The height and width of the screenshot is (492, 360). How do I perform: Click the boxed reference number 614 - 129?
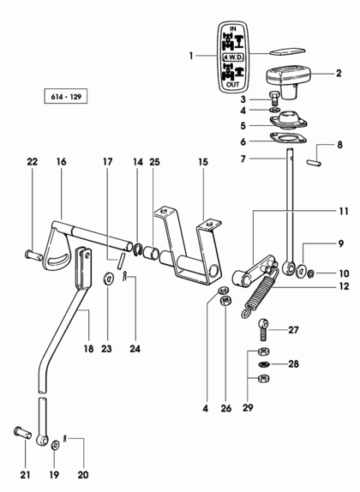pos(66,97)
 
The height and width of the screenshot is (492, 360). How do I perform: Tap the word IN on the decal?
pos(233,29)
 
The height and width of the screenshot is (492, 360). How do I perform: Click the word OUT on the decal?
pos(233,84)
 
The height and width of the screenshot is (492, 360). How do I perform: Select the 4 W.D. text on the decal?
pos(233,57)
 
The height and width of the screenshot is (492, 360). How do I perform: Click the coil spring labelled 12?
pos(260,292)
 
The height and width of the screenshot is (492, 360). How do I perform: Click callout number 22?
pos(32,162)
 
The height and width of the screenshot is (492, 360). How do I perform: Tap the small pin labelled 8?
pos(314,163)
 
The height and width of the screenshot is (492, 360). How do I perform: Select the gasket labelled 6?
pos(288,138)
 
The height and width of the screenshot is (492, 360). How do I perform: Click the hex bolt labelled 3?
pos(274,99)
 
